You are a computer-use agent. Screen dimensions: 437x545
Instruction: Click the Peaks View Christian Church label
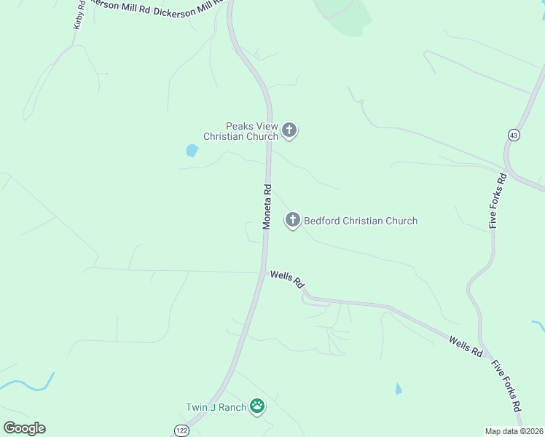(240, 131)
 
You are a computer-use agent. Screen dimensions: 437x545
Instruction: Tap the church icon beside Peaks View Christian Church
(289, 131)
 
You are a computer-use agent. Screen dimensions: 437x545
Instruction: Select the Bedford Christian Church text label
(361, 221)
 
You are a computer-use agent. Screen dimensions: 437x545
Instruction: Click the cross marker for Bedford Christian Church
(293, 219)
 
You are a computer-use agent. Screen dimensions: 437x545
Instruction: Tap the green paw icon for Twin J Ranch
(256, 406)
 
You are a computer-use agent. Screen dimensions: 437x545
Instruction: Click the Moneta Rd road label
(267, 207)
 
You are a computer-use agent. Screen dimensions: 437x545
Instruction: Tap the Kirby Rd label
(79, 15)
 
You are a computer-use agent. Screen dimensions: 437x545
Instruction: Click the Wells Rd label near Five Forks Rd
(466, 346)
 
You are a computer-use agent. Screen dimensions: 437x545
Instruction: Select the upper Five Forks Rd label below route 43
(498, 201)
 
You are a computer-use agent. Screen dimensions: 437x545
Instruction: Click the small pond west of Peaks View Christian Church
(192, 151)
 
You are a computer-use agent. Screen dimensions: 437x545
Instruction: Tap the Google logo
(24, 428)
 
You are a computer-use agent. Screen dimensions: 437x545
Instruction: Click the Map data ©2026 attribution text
(514, 431)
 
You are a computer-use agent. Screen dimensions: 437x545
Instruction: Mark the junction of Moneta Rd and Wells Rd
(263, 273)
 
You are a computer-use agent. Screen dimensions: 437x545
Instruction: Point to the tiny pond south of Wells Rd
(397, 389)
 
